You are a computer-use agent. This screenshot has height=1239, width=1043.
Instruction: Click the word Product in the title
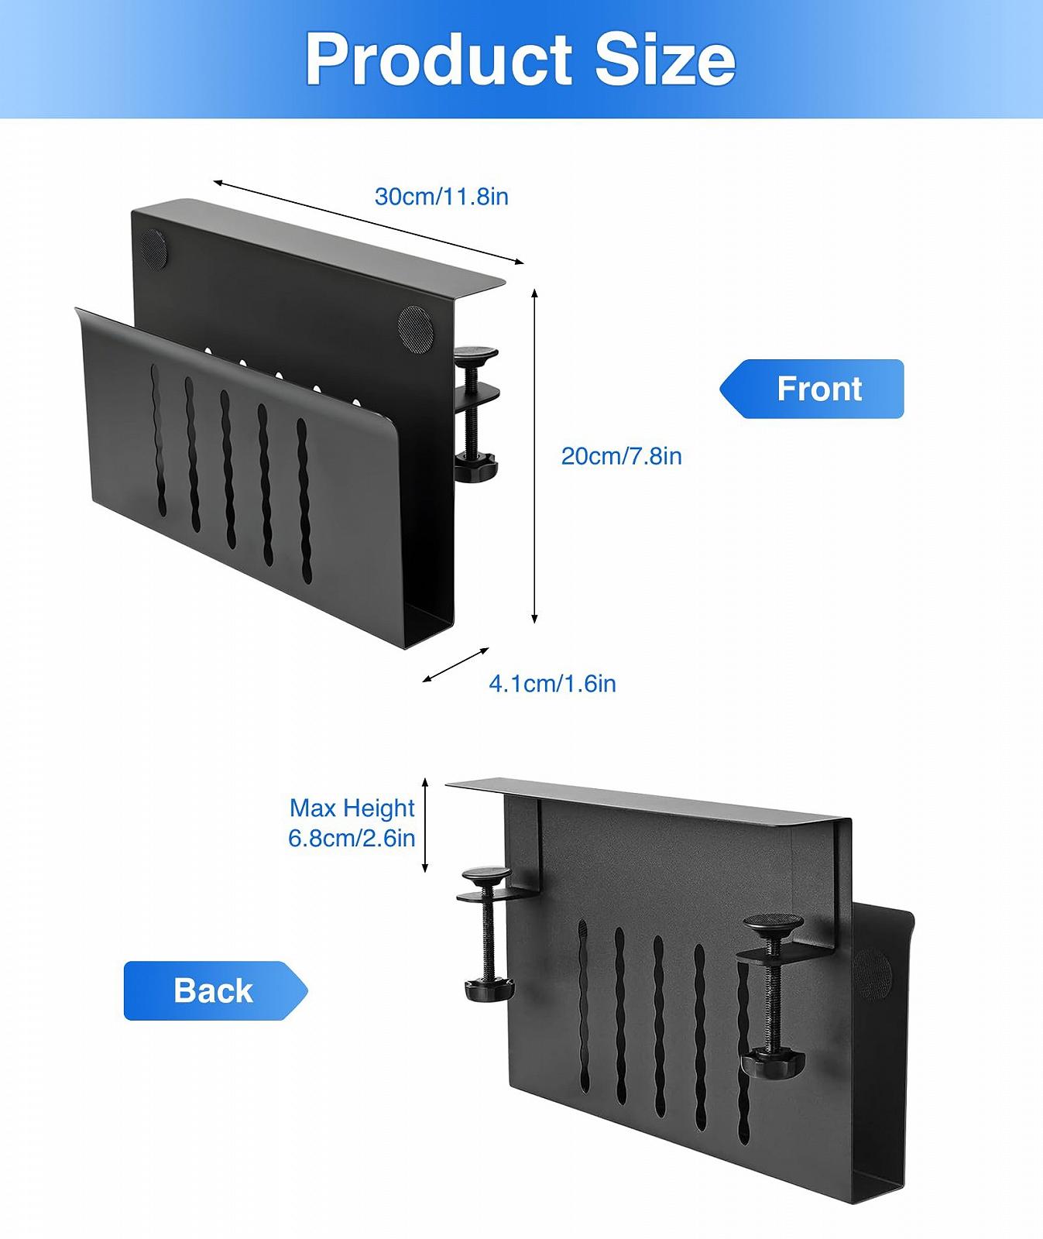click(x=438, y=60)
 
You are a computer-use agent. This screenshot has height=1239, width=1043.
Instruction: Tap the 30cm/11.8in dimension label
click(x=441, y=197)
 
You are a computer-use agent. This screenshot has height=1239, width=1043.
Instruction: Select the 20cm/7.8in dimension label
click(x=621, y=456)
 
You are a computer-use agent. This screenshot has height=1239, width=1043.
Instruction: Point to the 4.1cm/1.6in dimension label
click(x=552, y=684)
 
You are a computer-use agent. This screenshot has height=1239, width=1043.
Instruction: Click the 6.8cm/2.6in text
click(x=352, y=838)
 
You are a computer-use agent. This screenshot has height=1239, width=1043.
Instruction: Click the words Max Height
click(x=352, y=808)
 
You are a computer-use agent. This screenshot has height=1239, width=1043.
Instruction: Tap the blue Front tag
click(x=812, y=389)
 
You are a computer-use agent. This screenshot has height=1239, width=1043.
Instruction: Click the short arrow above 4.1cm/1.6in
click(x=456, y=665)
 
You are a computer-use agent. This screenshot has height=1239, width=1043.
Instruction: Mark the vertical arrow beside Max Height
click(x=425, y=825)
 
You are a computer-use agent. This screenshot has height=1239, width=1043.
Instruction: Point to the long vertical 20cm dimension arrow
click(x=534, y=456)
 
